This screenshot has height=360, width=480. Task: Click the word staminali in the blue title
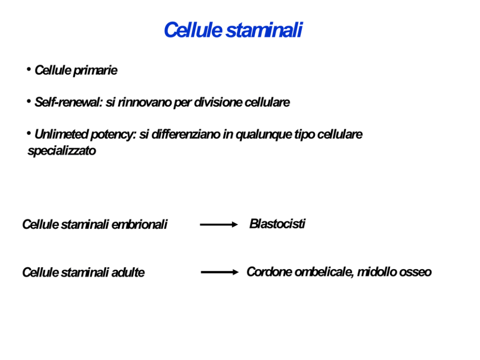[x=264, y=30]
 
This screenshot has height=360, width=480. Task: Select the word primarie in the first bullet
[x=95, y=71]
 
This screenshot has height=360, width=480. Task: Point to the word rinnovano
[x=145, y=102]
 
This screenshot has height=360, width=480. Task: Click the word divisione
[x=218, y=102]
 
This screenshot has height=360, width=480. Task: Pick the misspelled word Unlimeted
[x=61, y=134]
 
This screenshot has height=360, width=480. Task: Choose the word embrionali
[x=139, y=225]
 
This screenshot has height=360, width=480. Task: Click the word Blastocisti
[x=277, y=224]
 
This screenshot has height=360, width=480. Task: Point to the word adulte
[x=128, y=272]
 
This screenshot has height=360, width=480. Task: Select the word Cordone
[x=269, y=272]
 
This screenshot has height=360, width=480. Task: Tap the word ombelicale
[x=324, y=272]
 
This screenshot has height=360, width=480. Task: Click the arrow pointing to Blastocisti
[x=219, y=225]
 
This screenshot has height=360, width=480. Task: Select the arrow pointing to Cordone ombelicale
[x=220, y=272]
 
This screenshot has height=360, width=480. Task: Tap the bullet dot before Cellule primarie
[x=29, y=70]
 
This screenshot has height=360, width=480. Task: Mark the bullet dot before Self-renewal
[x=29, y=101]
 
